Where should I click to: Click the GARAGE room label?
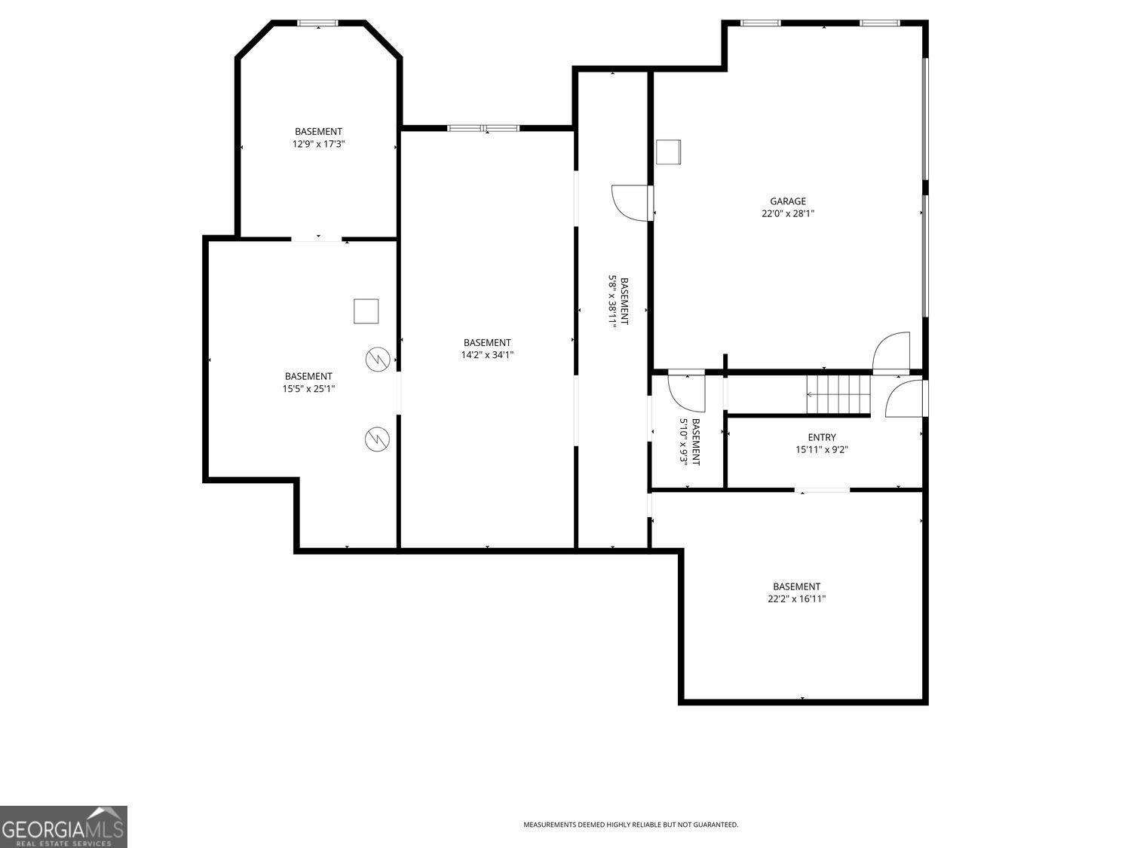[x=787, y=201]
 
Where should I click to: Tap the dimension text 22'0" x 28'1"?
[x=787, y=213]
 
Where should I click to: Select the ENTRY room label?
[x=821, y=437]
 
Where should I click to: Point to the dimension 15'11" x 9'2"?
[x=821, y=449]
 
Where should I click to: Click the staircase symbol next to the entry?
[x=838, y=393]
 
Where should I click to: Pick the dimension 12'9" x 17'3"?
[x=318, y=143]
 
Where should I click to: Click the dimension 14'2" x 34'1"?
[x=487, y=354]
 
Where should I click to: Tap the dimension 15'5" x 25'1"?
[x=308, y=389]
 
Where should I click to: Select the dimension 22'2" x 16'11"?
[x=796, y=598]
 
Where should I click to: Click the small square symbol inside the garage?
[x=668, y=152]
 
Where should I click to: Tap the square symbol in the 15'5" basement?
[x=366, y=311]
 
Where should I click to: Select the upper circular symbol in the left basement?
[x=376, y=360]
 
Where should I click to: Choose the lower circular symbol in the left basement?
[x=376, y=439]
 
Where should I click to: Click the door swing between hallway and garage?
[x=631, y=203]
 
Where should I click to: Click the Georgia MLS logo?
[x=63, y=827]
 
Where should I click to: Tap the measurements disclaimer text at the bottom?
[x=630, y=825]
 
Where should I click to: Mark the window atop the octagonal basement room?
[x=317, y=23]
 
